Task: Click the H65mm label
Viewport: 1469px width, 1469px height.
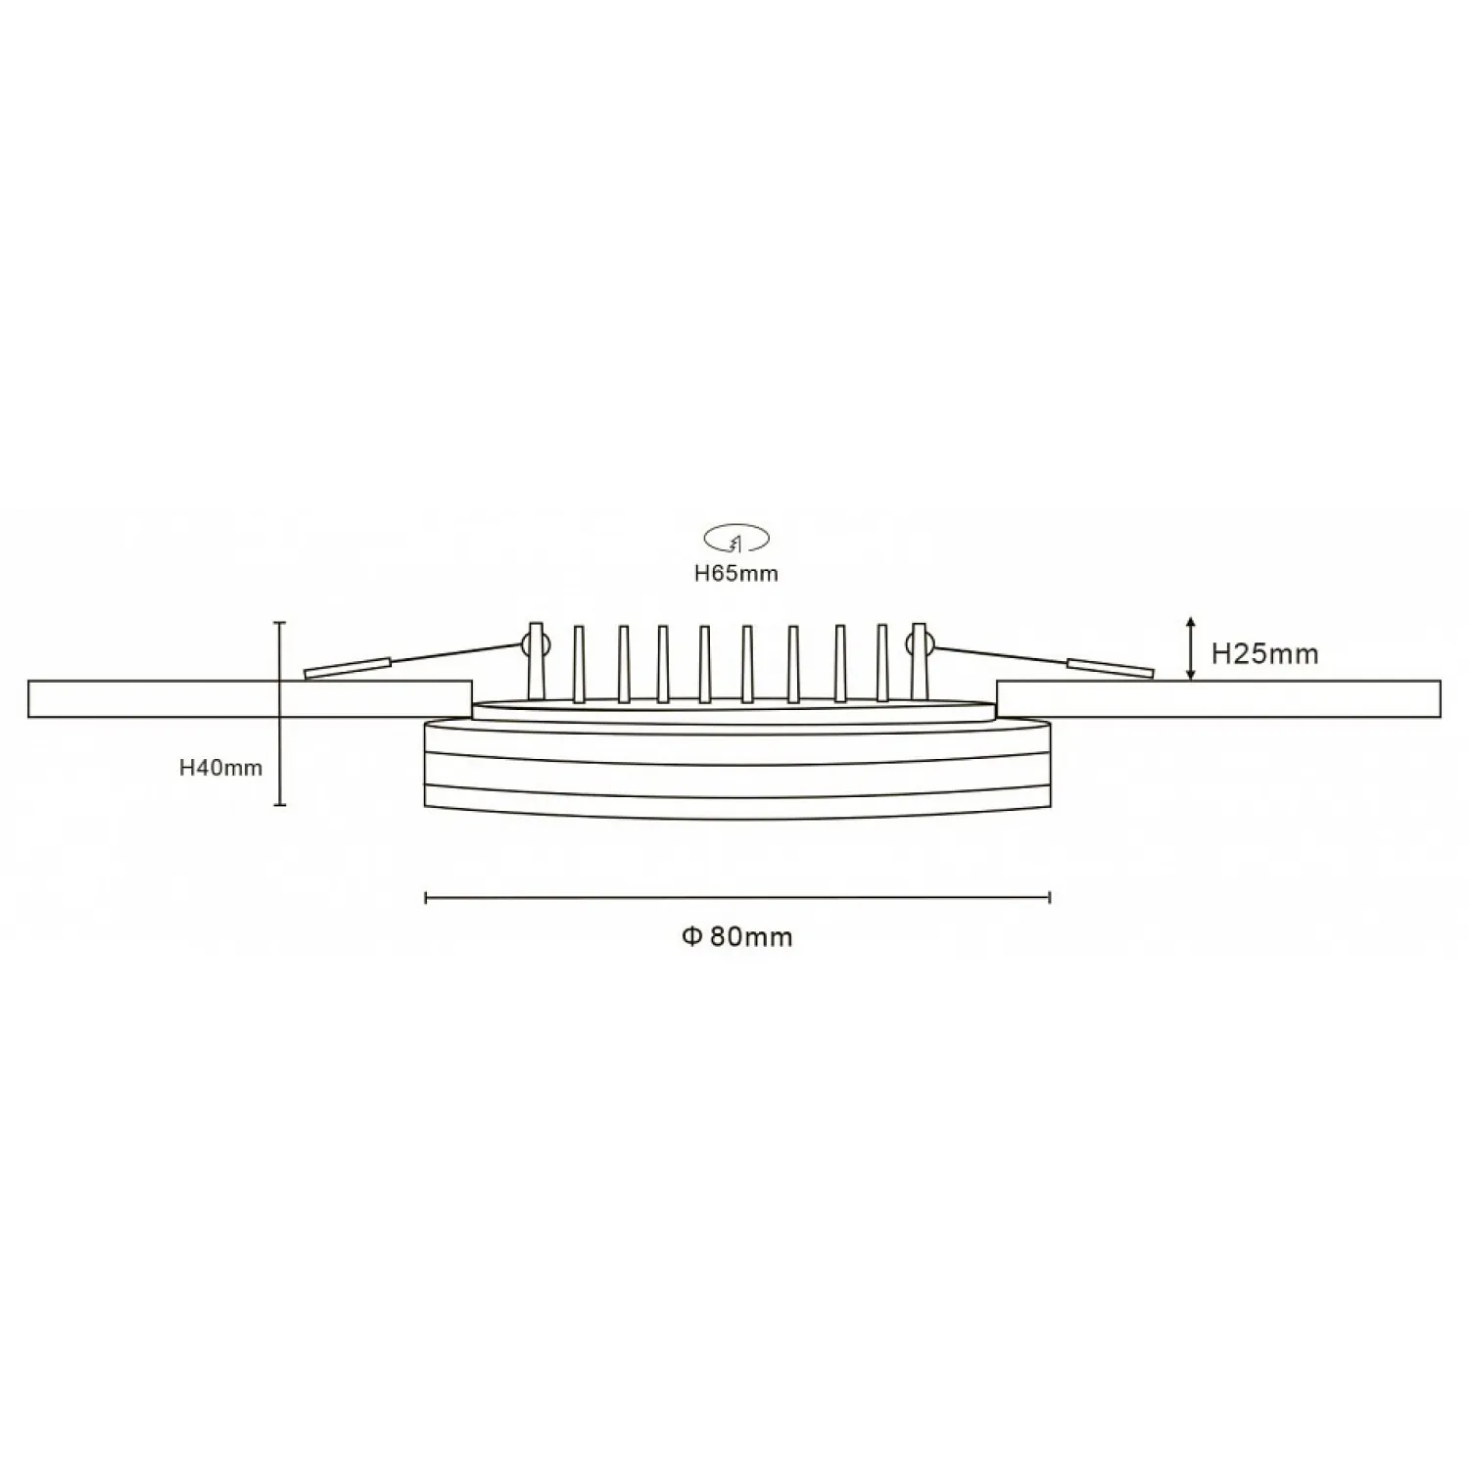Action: (x=735, y=574)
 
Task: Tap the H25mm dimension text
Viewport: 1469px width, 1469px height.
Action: (x=1264, y=653)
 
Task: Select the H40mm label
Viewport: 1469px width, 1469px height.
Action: (x=220, y=768)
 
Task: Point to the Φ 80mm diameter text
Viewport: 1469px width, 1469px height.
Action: (x=736, y=936)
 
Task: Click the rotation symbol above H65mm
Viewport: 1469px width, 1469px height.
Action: (x=736, y=537)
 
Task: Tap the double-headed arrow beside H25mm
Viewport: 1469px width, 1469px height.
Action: (x=1190, y=648)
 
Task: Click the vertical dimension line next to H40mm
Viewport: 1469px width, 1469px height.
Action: (x=281, y=713)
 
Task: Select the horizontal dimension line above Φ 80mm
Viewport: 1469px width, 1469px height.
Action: (x=737, y=896)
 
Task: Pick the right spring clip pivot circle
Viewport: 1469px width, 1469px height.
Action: (x=920, y=643)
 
